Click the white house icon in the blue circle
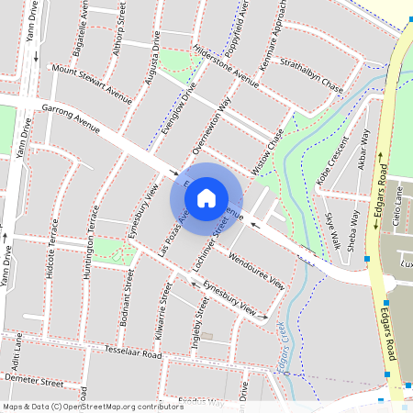click(206, 197)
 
